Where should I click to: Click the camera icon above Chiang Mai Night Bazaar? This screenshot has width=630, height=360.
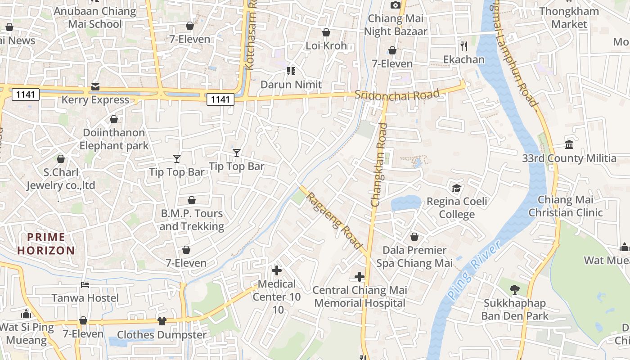point(396,5)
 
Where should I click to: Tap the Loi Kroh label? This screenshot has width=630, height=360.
point(326,45)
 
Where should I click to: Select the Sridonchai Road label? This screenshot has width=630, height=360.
point(396,95)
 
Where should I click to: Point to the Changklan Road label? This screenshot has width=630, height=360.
point(379,165)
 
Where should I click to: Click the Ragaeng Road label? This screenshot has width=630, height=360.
point(334,218)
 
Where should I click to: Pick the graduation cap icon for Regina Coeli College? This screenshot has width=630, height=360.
point(456,188)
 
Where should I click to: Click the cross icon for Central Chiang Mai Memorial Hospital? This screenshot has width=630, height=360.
point(360,277)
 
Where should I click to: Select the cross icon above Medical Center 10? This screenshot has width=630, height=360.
point(277,270)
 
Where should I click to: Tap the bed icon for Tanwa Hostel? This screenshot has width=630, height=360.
point(85,284)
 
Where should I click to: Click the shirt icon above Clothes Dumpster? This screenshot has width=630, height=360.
point(162,321)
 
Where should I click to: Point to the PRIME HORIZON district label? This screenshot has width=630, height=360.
point(46,243)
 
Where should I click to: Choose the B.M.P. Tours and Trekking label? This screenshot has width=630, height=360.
point(192,220)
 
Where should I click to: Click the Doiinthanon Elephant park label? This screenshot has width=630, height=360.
point(114,139)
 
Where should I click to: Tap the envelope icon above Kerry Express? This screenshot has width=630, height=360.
point(95,86)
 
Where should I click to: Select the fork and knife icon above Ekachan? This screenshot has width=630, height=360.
point(464,46)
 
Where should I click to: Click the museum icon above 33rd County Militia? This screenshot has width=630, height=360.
point(569,145)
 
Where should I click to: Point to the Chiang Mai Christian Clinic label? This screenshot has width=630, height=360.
point(565,206)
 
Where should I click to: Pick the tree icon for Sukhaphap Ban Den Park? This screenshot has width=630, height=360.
point(514,289)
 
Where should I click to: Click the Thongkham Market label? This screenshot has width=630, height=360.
point(569,18)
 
